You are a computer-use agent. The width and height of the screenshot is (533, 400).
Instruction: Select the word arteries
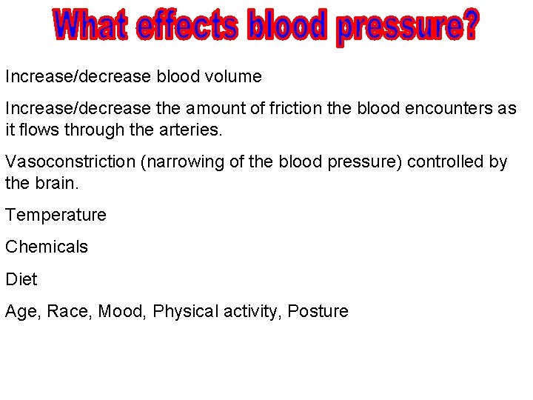[196, 130]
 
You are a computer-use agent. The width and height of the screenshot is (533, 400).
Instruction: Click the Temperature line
[56, 216]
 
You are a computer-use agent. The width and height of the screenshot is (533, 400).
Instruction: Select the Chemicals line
[47, 247]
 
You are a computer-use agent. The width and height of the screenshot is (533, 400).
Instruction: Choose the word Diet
[21, 279]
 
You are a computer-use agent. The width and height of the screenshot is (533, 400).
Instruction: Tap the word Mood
[121, 311]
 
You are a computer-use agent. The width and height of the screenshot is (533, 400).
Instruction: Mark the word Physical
[182, 311]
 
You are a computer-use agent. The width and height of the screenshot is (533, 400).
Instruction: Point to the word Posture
[318, 311]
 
